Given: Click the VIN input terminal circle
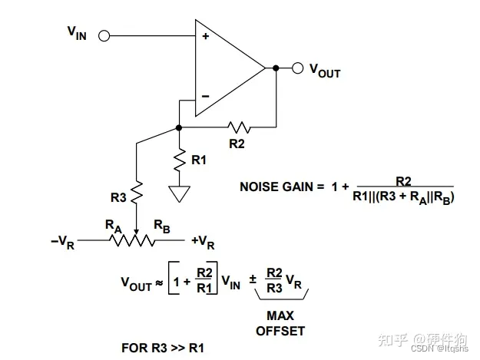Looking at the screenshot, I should click(x=104, y=35).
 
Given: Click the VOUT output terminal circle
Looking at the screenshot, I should click(x=296, y=68).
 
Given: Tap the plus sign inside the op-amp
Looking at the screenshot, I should click(x=205, y=36).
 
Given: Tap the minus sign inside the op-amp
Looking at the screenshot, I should click(x=205, y=96).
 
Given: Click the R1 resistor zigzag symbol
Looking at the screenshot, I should click(x=179, y=160).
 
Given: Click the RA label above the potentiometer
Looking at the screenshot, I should click(x=114, y=226).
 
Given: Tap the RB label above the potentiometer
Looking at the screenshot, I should click(x=161, y=226).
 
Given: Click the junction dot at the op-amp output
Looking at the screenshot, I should click(x=275, y=68).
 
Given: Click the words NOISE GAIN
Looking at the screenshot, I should click(x=277, y=187).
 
